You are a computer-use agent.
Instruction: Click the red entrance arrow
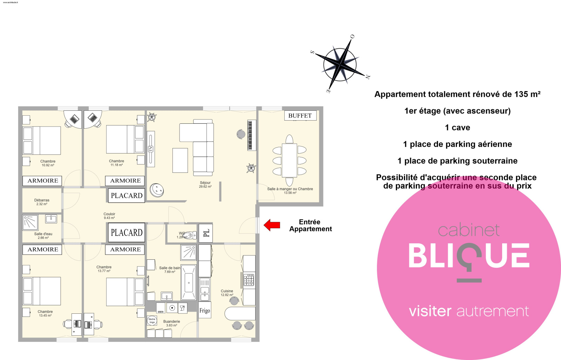point(272,225)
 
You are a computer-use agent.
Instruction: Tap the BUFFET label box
point(300,116)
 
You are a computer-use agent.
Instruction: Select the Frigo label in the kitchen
point(205,310)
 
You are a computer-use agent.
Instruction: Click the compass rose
point(340,64)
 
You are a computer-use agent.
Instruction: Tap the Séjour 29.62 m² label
point(205,185)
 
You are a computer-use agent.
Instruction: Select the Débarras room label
point(42,202)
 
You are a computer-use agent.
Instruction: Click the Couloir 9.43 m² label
point(109,216)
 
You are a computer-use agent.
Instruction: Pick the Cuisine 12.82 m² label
point(227,293)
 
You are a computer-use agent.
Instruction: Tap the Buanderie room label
point(171,323)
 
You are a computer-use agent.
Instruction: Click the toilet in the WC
point(189,235)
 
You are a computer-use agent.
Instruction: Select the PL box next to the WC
point(206,233)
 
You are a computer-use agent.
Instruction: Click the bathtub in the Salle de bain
point(189,282)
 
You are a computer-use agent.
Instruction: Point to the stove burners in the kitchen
point(249,280)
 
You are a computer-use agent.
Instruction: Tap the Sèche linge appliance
point(152,321)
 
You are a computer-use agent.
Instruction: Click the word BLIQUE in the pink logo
point(469,256)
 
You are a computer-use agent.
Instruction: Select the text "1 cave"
point(457,128)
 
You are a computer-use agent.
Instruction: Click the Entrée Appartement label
point(310,225)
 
